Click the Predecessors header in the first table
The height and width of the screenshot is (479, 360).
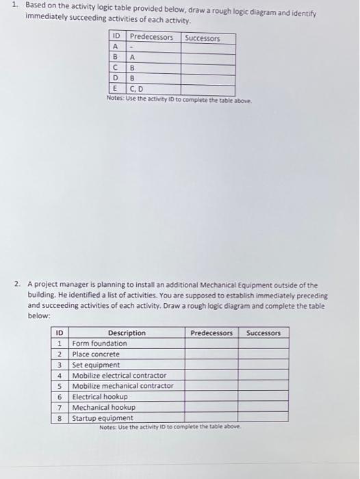(x=151, y=38)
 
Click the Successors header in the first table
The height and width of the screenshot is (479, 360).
(x=202, y=38)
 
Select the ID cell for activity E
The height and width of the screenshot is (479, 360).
(x=116, y=89)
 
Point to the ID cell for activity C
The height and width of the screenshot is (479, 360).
(x=116, y=68)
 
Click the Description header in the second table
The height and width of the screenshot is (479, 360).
(x=127, y=333)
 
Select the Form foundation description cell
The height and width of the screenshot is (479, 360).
(x=100, y=344)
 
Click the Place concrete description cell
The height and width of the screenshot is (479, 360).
(x=96, y=354)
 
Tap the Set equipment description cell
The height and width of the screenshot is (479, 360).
(x=96, y=365)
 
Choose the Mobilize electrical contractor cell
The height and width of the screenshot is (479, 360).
(x=119, y=376)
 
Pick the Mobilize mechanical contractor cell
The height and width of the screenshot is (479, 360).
(x=123, y=386)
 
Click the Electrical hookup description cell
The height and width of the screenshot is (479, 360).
(x=100, y=396)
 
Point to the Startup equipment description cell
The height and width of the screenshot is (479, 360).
(x=103, y=417)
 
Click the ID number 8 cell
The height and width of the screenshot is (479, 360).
(x=60, y=417)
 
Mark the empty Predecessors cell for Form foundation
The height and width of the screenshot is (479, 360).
(x=211, y=344)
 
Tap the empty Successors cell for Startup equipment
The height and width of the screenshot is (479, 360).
(x=263, y=417)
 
